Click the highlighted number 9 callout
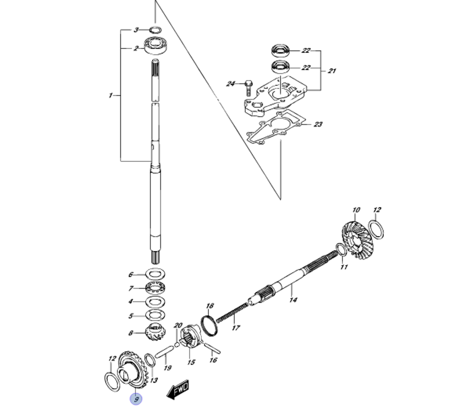pos(136,399)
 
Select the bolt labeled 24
pos(249,86)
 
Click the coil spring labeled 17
pos(233,317)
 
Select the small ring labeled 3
pos(155,30)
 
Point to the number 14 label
pos(293,300)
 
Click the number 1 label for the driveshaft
pos(111,95)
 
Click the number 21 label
pos(332,71)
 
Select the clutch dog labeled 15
pos(190,339)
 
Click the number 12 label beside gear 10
pos(377,210)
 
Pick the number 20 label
pos(178,325)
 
